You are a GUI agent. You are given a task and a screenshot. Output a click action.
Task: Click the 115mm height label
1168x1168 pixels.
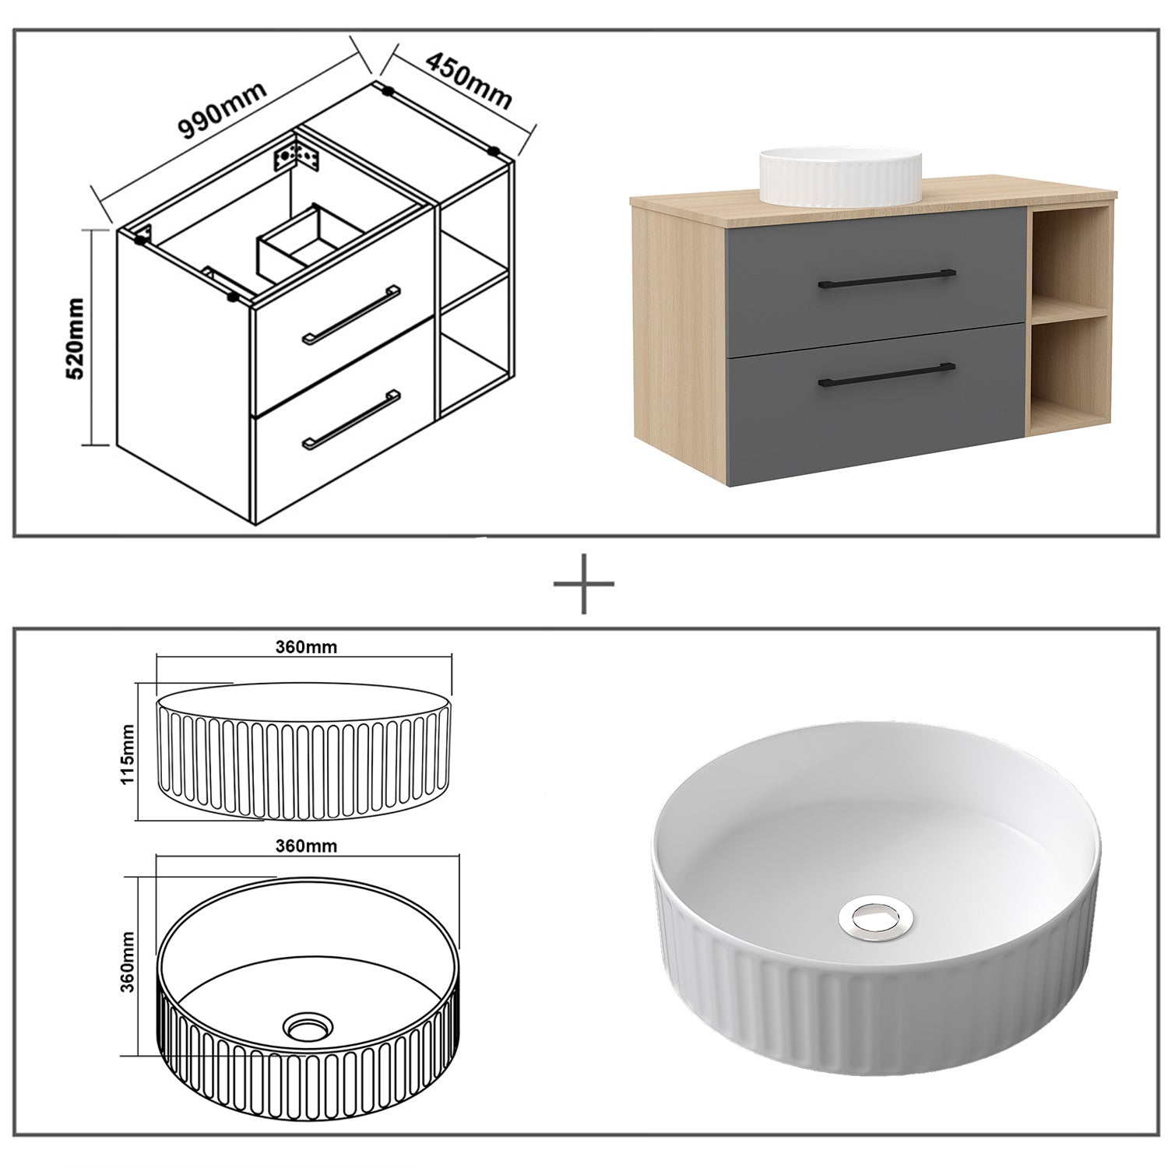[x=129, y=753]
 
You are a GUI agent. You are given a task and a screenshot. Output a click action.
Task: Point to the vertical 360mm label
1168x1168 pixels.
[x=129, y=961]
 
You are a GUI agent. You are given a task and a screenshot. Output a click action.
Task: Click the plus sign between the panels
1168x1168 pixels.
[x=584, y=583]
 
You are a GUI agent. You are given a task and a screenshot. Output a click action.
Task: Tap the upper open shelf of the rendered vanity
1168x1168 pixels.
[x=1068, y=259]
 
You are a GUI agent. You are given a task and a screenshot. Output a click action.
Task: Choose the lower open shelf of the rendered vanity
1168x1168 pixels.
[x=1068, y=372]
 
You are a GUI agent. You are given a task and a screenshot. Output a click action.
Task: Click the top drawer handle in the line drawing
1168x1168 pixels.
[x=351, y=313]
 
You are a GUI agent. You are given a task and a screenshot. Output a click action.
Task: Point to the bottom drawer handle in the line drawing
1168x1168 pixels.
[x=351, y=420]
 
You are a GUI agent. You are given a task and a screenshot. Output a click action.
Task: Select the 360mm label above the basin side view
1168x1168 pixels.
[x=307, y=646]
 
